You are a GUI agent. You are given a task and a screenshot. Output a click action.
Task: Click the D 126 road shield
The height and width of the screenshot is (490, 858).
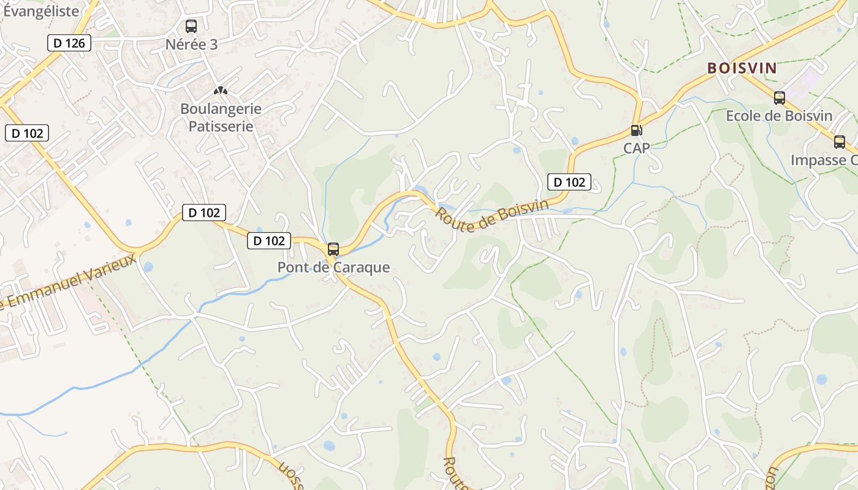[x=69, y=43]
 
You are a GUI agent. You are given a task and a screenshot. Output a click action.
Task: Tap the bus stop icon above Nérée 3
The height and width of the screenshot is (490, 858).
[x=191, y=26]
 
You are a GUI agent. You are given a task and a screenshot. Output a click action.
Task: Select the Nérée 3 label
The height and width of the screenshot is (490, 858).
[x=191, y=44]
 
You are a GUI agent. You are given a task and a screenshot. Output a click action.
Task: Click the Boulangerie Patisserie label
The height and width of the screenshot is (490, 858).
[x=221, y=118]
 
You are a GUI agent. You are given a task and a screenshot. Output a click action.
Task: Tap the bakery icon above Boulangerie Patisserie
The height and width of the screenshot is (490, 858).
[x=221, y=91]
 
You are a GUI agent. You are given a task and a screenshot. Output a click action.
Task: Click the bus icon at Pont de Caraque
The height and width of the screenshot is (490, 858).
[x=333, y=249]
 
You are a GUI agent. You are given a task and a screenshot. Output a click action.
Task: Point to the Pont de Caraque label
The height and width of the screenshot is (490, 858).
[x=333, y=268]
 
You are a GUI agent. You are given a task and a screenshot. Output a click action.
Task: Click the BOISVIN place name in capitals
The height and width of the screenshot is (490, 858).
[x=742, y=69]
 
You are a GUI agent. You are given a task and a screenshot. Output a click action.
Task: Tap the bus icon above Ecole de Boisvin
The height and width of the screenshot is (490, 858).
[x=780, y=97]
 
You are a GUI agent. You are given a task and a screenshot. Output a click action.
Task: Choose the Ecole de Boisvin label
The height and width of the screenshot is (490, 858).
[x=779, y=116]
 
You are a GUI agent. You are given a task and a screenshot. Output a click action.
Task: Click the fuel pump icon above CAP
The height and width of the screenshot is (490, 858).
[x=637, y=130]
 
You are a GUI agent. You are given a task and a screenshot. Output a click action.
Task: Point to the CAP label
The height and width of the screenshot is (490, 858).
[x=637, y=148]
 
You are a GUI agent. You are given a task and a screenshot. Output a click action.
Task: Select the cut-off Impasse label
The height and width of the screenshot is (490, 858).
[x=824, y=160]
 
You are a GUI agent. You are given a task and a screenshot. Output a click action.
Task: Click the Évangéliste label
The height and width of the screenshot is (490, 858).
[x=40, y=11]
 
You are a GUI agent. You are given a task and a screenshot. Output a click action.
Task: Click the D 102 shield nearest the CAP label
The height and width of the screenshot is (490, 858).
[x=569, y=182]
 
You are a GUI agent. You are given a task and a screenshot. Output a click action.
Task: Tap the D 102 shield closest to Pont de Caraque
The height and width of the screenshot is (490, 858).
[x=269, y=241]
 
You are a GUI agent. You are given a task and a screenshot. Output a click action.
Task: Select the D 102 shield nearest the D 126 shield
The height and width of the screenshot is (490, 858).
[x=26, y=133]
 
